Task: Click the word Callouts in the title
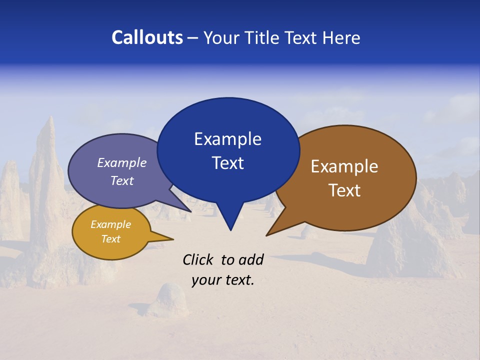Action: click(147, 37)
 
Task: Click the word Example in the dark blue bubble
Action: click(227, 139)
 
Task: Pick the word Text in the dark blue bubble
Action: click(227, 163)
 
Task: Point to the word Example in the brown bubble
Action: click(344, 166)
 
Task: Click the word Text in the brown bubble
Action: click(344, 190)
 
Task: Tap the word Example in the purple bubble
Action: click(122, 163)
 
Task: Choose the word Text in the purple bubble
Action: click(122, 180)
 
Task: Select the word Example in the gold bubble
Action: click(110, 224)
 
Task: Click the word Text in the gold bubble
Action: click(110, 239)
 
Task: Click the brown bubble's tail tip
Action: click(267, 235)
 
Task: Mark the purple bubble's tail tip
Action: click(191, 211)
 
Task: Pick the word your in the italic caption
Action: click(204, 280)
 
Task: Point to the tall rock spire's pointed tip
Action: click(50, 118)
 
